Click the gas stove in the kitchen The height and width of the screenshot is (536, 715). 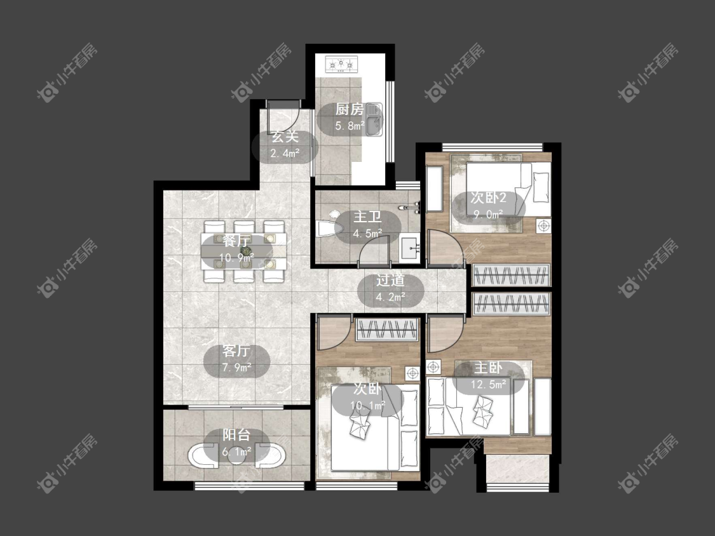click(x=341, y=64)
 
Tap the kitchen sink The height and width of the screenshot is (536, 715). click(x=374, y=119)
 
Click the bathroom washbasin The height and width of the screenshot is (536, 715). click(x=409, y=248)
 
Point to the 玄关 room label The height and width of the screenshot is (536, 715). click(x=285, y=137)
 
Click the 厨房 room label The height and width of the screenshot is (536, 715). click(x=350, y=109)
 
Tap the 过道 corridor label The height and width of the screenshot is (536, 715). click(x=390, y=280)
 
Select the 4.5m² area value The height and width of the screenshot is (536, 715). click(x=367, y=234)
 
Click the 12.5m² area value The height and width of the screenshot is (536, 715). click(x=488, y=384)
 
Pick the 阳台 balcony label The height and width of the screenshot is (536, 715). click(x=236, y=435)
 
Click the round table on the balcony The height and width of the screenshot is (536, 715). click(x=236, y=455)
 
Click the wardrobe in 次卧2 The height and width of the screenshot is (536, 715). click(x=511, y=275)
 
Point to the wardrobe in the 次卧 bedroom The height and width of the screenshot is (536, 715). click(x=386, y=330)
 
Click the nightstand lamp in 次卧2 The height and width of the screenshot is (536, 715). click(x=543, y=225)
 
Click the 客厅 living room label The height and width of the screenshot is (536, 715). click(x=236, y=351)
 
